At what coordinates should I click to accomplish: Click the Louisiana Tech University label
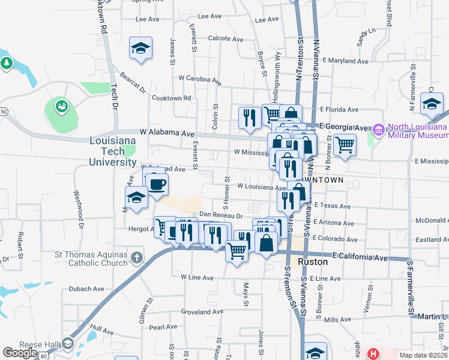pos(113,152)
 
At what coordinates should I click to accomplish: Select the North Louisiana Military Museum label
pos(417,131)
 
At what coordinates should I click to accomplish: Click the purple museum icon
pos(378,129)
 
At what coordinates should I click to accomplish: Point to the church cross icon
pos(137,259)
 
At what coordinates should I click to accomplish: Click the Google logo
pos(20,353)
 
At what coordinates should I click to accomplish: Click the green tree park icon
pos(7,62)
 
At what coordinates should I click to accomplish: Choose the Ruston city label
pos(313,262)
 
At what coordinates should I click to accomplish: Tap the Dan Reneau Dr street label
pos(220,215)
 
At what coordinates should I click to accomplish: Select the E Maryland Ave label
pos(345,61)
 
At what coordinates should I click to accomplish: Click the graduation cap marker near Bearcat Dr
pos(140,49)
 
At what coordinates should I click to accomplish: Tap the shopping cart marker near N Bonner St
pos(345,145)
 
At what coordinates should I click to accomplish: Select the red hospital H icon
pos(373,354)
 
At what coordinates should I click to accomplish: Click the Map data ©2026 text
pos(423,355)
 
